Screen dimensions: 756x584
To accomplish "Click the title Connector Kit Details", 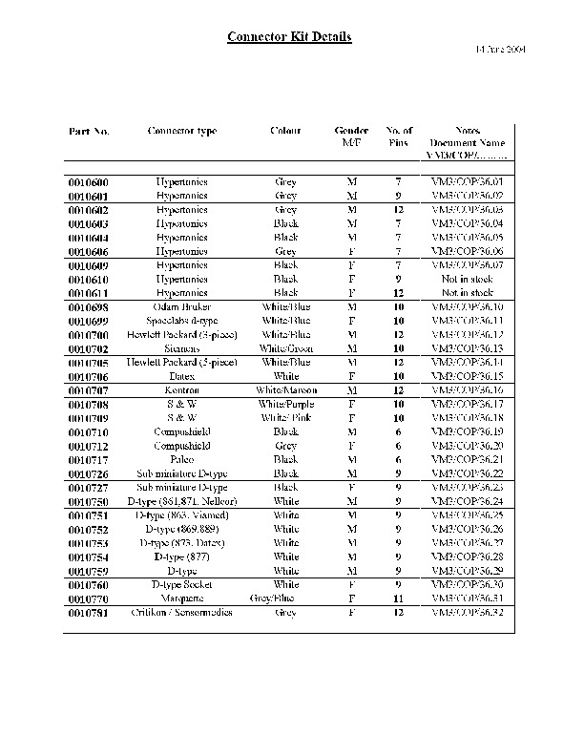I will coord(289,37).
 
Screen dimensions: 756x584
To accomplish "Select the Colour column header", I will coord(285,131).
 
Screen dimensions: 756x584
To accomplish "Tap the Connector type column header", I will coord(181,131).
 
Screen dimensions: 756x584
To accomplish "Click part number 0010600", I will coord(89,181).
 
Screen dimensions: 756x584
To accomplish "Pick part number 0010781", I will coord(89,612).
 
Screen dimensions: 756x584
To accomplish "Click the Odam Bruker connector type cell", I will coord(181,307).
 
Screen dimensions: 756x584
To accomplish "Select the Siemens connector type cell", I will coord(181,348).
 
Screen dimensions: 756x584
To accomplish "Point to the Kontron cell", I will coord(181,390).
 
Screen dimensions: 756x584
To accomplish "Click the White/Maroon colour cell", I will coord(285,390).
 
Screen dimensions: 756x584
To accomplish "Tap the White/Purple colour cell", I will coord(285,404).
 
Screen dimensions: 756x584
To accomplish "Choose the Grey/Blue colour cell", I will coord(285,598).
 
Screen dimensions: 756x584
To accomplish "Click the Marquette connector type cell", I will coord(181,598).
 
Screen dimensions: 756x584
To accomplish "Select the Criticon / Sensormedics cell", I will coord(181,612).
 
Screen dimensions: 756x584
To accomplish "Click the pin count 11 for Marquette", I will coord(399,598).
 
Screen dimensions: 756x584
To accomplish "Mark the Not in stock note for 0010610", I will coord(468,279).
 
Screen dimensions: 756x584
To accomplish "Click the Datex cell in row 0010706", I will coord(181,376).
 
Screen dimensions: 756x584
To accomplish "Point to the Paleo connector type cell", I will coord(181,459).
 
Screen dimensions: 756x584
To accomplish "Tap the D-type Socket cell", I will coord(181,584).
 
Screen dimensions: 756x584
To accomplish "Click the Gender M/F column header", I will coord(352,136).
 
